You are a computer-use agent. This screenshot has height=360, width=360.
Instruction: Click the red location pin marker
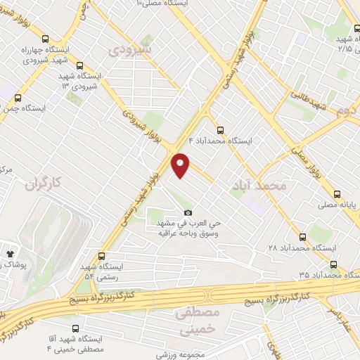coord(181,166)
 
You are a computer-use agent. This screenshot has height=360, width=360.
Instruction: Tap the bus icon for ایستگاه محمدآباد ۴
coord(221,129)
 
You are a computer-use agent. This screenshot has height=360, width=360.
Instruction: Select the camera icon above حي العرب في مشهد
coord(187,213)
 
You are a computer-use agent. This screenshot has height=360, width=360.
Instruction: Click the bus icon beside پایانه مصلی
coord(337,194)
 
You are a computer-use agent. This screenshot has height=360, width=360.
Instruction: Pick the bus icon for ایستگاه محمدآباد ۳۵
coord(334,265)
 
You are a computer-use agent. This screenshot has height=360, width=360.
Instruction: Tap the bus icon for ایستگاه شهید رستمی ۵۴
coord(102,256)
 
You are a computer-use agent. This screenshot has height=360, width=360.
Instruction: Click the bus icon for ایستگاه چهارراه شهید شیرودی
coord(46,39)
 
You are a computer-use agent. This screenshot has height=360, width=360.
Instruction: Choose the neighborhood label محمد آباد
coord(259,185)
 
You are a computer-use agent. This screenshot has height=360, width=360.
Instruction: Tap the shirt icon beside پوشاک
coord(10,252)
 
